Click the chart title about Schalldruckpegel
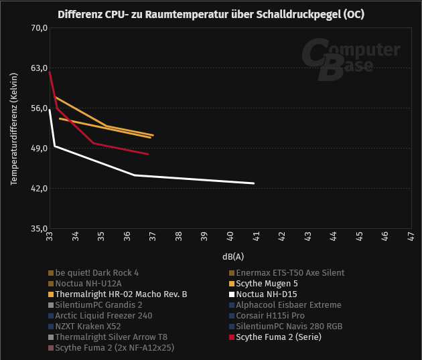pos(211,14)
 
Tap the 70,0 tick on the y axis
pos(38,28)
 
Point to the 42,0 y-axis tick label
pos(38,189)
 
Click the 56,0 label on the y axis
pos(38,108)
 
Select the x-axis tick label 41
pos(256,237)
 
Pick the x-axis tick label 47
pos(410,237)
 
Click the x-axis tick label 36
pos(127,237)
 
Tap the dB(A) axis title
pos(233,256)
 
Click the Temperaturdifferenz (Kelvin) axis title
pos(13,128)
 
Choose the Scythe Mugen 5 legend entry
pos(267,283)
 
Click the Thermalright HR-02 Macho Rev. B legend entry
pos(121,294)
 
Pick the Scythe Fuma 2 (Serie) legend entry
pos(279,337)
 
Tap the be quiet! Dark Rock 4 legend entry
pos(97,272)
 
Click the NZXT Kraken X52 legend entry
pos(88,326)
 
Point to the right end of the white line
pos(254,183)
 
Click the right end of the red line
pos(147,154)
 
